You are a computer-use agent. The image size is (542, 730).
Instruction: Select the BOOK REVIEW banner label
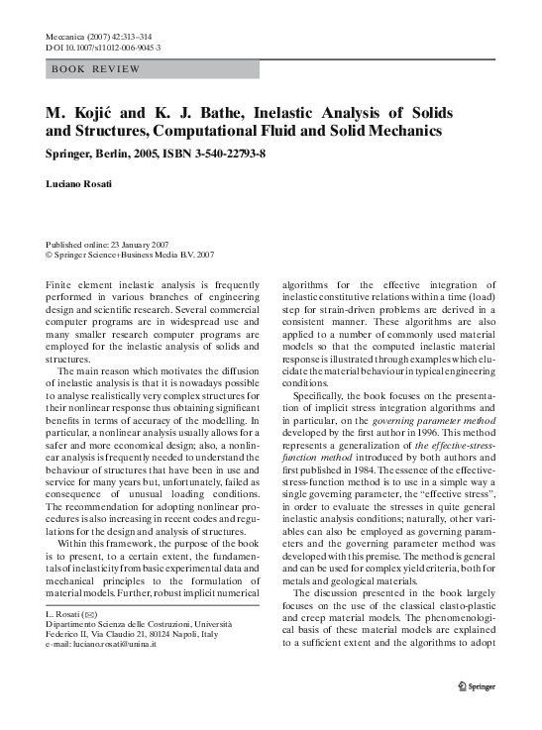[x=95, y=70]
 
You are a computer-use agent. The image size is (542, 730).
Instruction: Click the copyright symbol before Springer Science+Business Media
[x=50, y=255]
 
